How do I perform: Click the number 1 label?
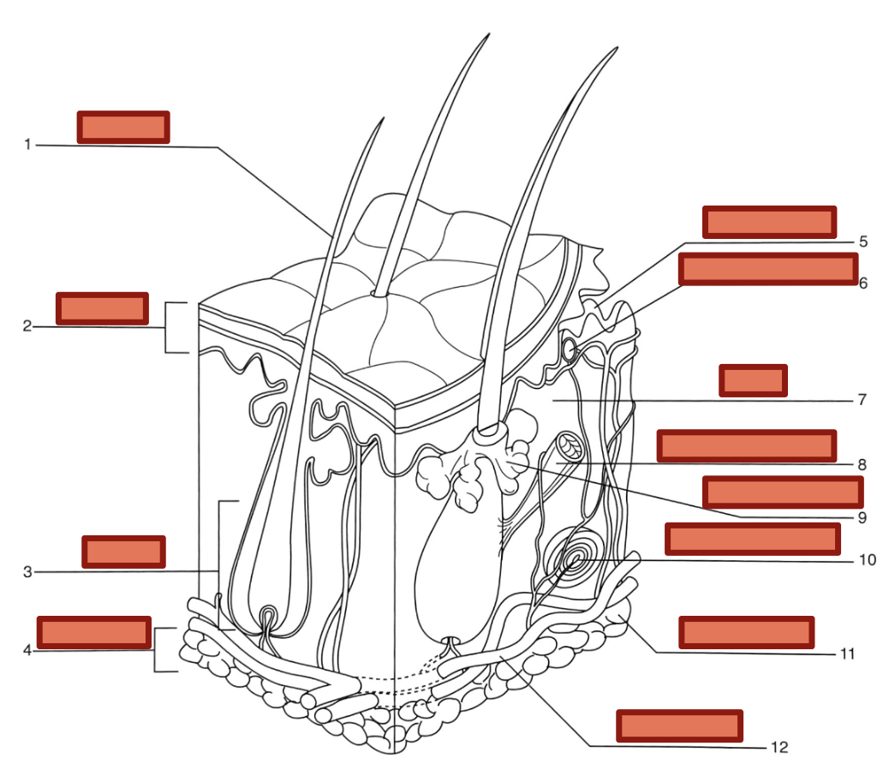[x=27, y=144]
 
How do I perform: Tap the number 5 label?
[x=863, y=242]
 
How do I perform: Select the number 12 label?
[x=779, y=747]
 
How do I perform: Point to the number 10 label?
[x=867, y=560]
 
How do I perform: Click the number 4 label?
[x=27, y=650]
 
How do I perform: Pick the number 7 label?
[x=862, y=399]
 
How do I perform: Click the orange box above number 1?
[x=123, y=126]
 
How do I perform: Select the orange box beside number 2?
[x=102, y=308]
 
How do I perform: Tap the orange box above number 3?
[x=123, y=552]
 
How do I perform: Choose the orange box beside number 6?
[x=768, y=268]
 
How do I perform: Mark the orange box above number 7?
[x=753, y=380]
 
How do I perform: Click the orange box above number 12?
[x=680, y=725]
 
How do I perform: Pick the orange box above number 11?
[x=746, y=632]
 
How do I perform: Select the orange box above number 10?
[x=752, y=538]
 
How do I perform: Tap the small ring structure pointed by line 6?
[x=569, y=349]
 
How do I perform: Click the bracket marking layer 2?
[x=176, y=327]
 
